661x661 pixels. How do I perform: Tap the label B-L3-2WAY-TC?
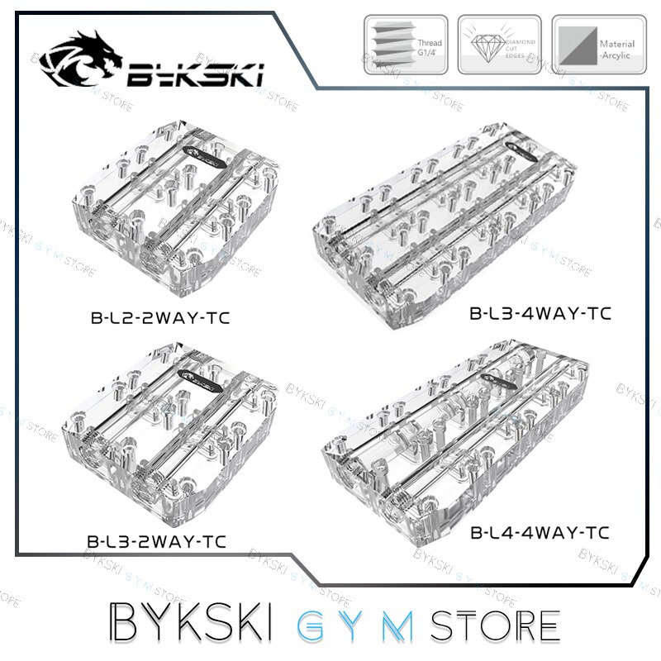pyautogui.click(x=157, y=543)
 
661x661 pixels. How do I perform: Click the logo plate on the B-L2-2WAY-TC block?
pyautogui.click(x=202, y=151)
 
